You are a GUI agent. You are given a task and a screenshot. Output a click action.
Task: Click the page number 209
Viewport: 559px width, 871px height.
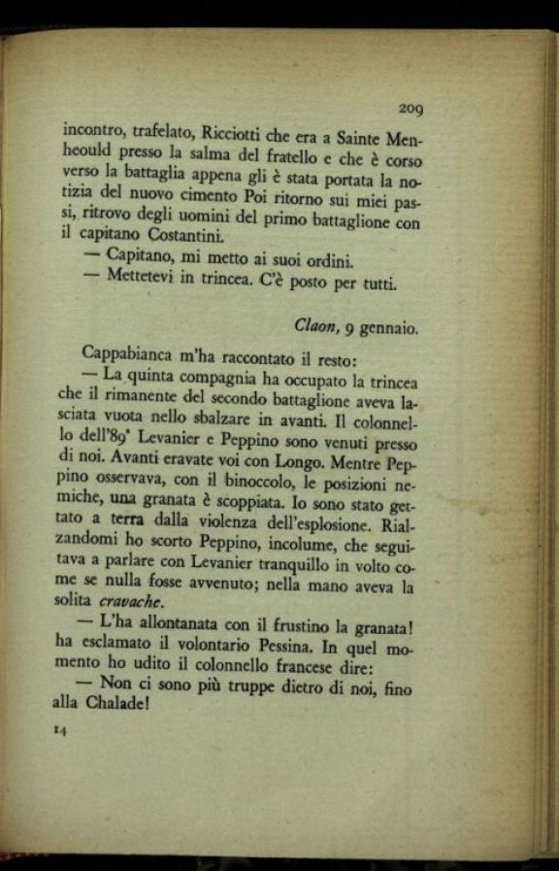tap(410, 110)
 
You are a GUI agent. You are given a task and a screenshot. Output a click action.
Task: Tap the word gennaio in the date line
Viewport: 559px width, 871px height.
tap(389, 329)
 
